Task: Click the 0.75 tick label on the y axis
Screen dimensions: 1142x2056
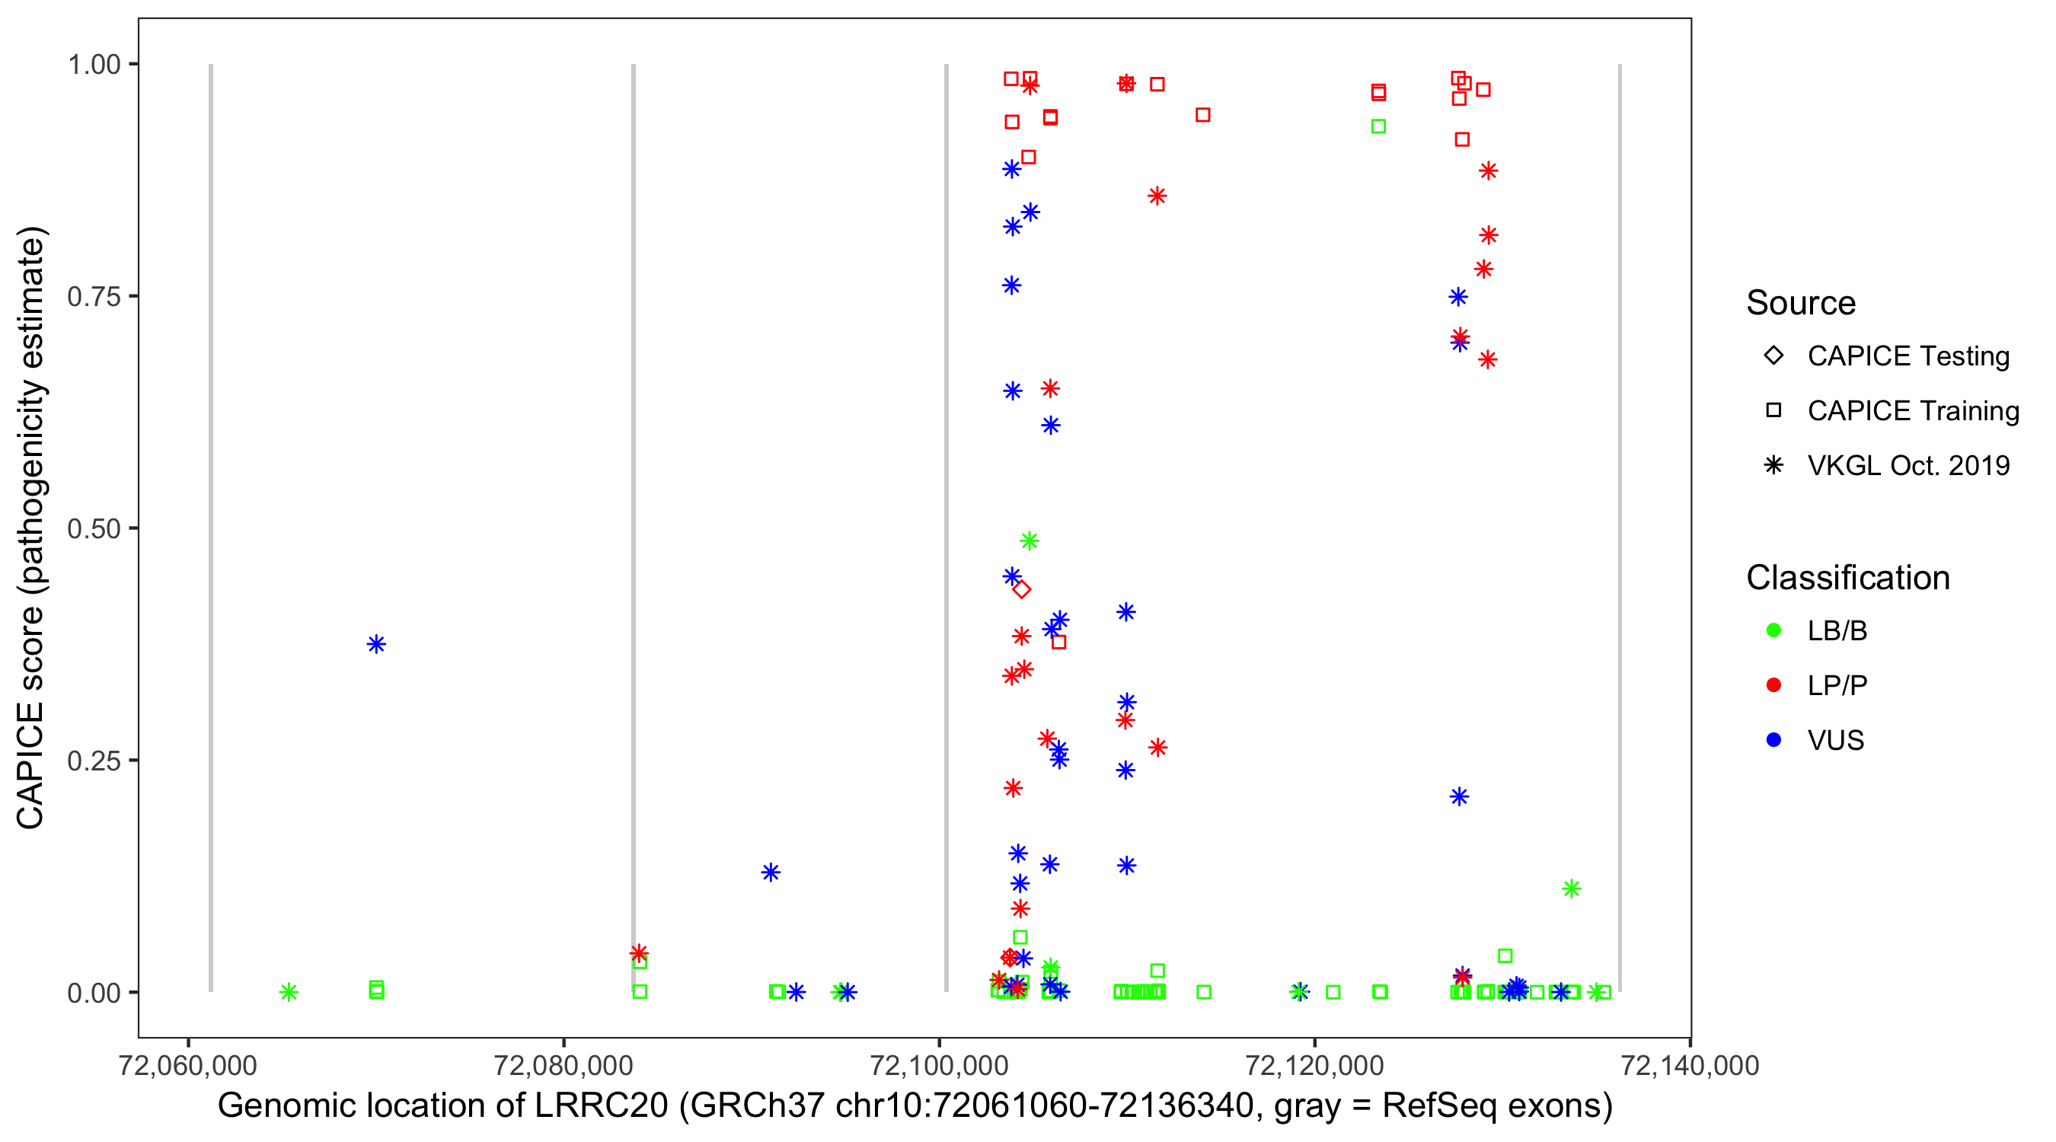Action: tap(93, 297)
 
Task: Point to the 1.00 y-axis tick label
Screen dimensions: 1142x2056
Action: tap(93, 65)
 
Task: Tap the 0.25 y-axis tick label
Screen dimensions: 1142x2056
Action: tap(93, 761)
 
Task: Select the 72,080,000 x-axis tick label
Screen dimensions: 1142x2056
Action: tap(563, 1065)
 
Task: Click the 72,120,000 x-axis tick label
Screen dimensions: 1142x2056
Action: tap(1314, 1065)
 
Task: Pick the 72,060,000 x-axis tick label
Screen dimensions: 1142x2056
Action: tap(187, 1065)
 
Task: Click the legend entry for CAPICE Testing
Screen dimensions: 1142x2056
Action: tap(1908, 356)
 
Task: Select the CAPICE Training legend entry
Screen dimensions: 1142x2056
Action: tap(1912, 411)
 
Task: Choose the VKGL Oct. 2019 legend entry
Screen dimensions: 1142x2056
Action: tap(1908, 466)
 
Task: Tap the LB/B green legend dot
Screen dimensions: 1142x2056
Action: tap(1774, 631)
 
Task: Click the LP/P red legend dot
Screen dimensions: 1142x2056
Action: tap(1774, 685)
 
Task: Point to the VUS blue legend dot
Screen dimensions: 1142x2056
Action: tap(1774, 741)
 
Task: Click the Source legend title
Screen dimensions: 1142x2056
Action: tap(1801, 303)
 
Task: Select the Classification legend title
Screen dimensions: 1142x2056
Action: tap(1847, 578)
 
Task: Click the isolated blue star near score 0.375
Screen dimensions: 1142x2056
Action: tap(377, 644)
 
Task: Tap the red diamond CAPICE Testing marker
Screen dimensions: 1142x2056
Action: tap(1022, 590)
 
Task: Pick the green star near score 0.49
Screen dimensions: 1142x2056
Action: tap(1030, 541)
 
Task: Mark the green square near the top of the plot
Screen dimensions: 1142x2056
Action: tap(1378, 126)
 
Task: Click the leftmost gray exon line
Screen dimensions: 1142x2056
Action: tap(211, 527)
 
